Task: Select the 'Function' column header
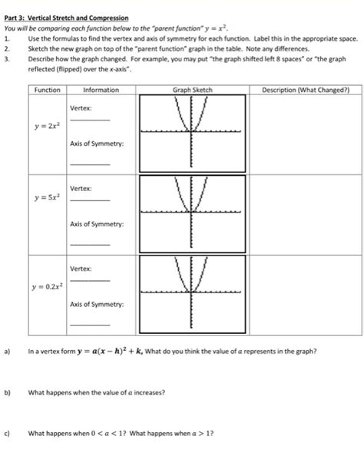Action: click(48, 91)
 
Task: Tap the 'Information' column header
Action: click(101, 91)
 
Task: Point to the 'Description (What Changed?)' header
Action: click(306, 91)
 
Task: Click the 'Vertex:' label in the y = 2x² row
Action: click(81, 108)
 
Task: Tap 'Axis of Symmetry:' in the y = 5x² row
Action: click(96, 224)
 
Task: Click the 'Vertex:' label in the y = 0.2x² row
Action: click(81, 269)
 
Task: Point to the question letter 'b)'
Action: click(7, 392)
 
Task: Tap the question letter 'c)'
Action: click(7, 433)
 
